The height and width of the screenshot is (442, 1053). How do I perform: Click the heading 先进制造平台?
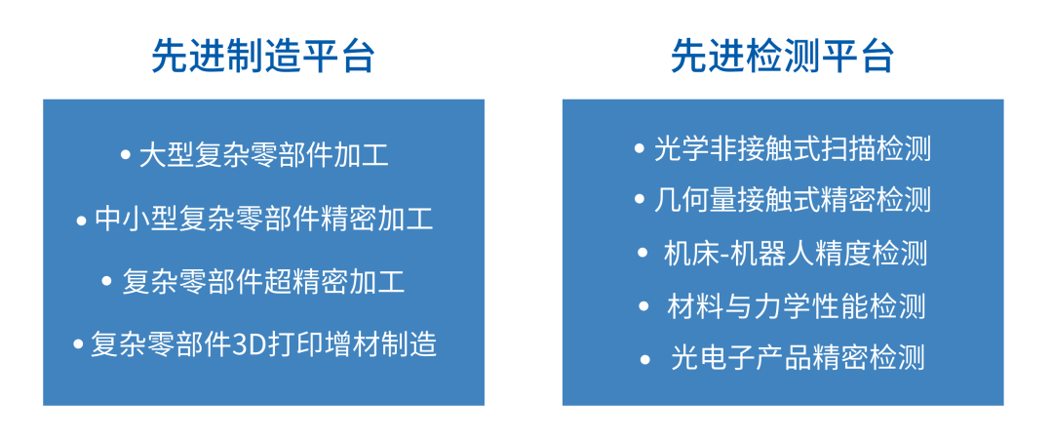click(263, 57)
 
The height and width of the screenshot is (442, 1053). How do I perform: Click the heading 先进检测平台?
click(782, 57)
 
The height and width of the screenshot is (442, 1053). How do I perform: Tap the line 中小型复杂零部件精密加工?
click(264, 219)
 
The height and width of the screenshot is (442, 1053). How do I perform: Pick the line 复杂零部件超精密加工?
click(264, 282)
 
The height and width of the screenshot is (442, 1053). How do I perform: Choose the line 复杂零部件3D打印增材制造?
click(264, 343)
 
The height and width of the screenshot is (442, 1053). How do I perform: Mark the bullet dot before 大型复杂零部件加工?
click(125, 155)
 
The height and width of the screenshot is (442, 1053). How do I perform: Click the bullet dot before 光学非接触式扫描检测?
click(639, 149)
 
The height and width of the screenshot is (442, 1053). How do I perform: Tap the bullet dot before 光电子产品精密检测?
click(644, 359)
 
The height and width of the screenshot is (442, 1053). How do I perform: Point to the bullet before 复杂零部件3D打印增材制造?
click(78, 344)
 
